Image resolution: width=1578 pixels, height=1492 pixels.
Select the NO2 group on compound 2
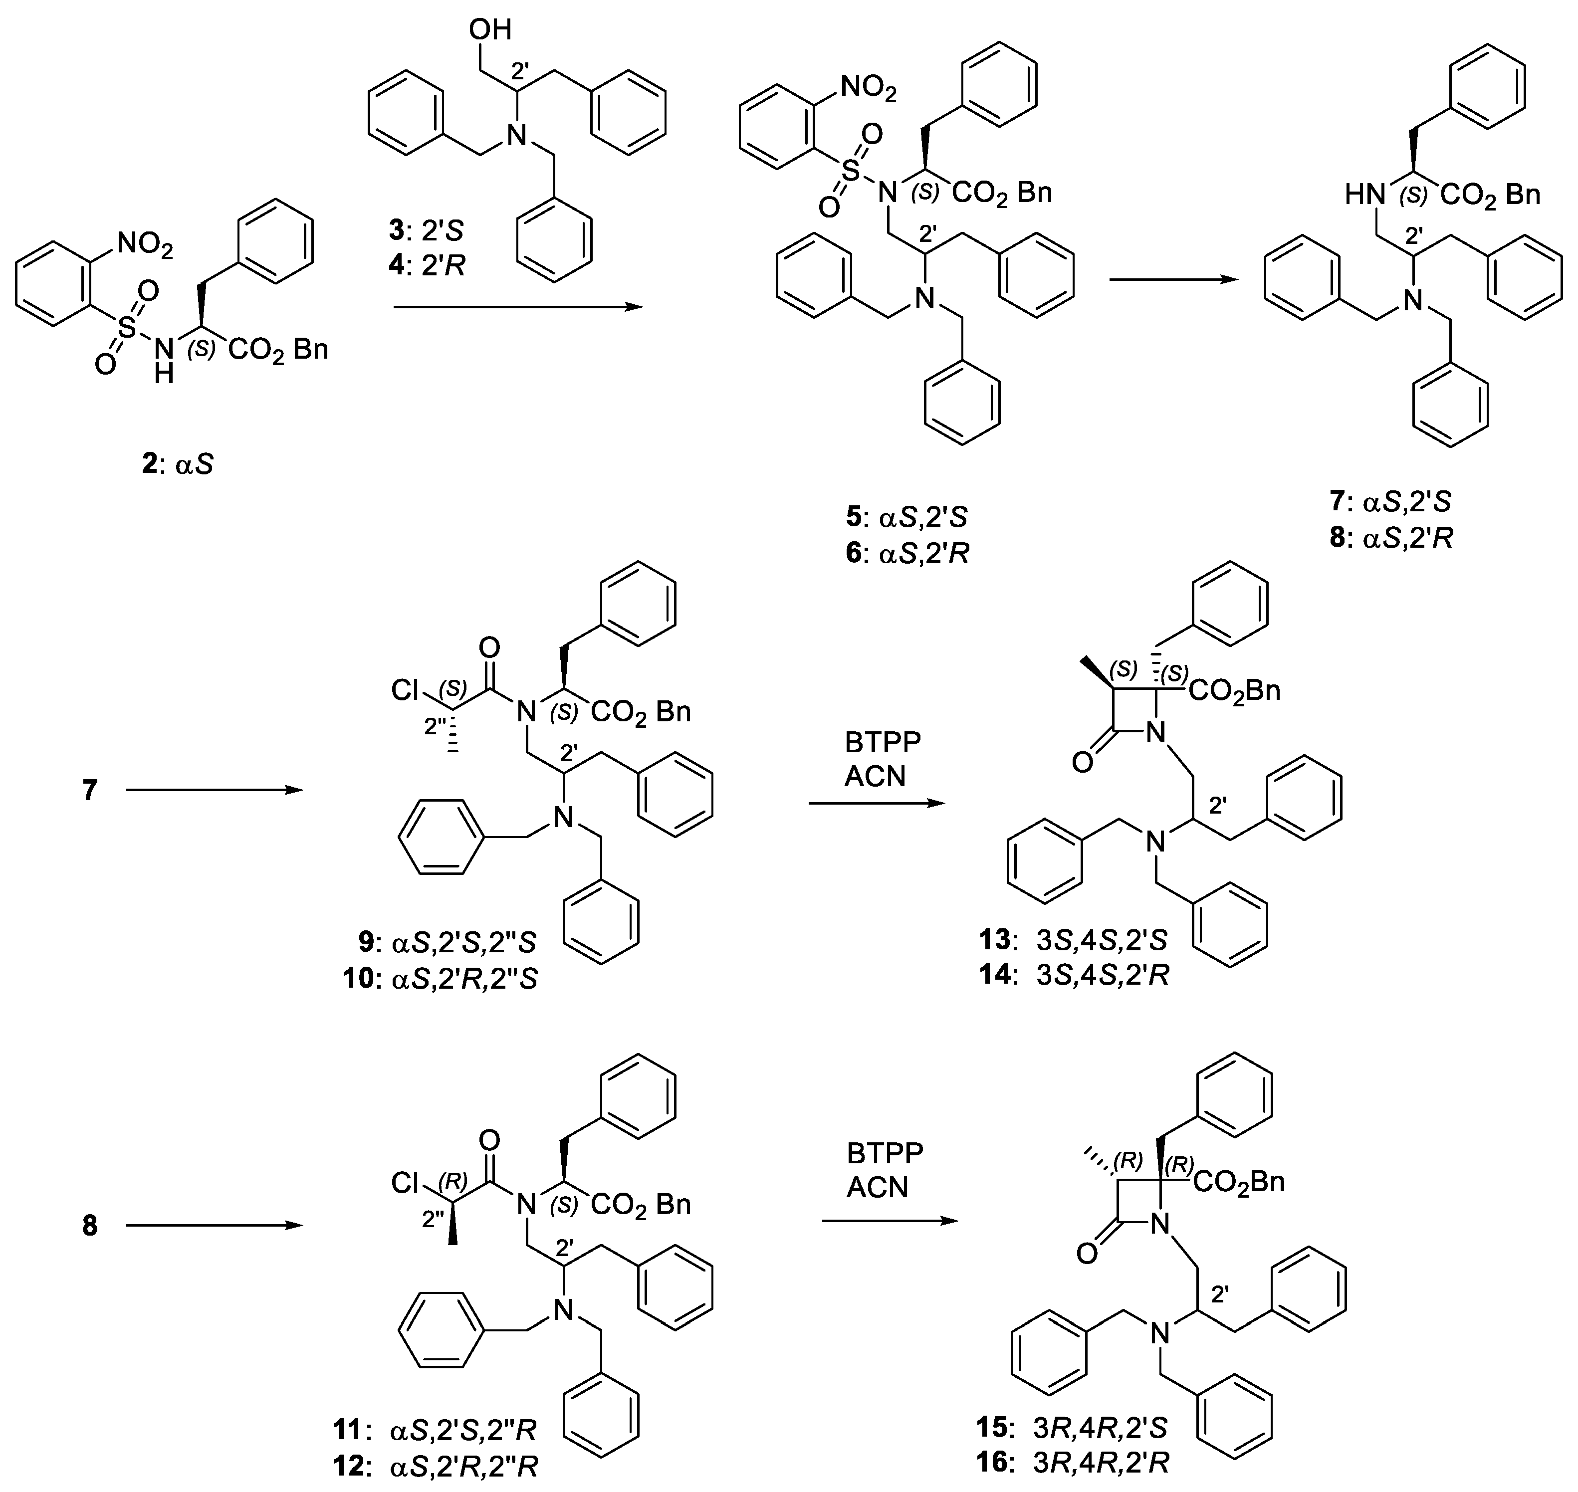point(144,245)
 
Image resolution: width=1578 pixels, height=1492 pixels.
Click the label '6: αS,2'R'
point(906,553)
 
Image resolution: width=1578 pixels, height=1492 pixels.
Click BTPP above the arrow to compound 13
point(882,742)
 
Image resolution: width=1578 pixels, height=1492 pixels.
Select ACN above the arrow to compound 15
point(877,1187)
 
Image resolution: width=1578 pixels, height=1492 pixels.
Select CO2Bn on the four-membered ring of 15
point(1238,1183)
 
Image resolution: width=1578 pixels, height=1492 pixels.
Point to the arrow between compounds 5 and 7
point(1173,279)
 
